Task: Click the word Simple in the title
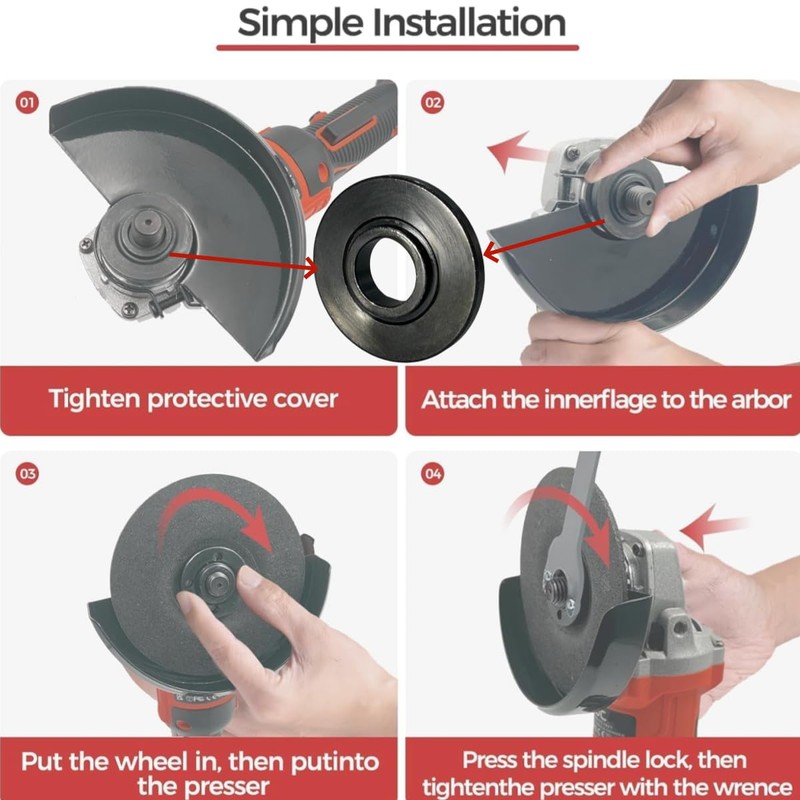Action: pos(301,24)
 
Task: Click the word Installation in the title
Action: pos(469,22)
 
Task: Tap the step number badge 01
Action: pos(27,103)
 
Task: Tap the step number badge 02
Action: pos(433,103)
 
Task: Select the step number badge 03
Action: pos(27,473)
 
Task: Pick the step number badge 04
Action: pos(433,473)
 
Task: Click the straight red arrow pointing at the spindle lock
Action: pos(714,526)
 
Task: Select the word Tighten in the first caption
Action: pos(94,399)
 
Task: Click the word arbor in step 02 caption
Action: pos(761,400)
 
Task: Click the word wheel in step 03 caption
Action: pos(153,762)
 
